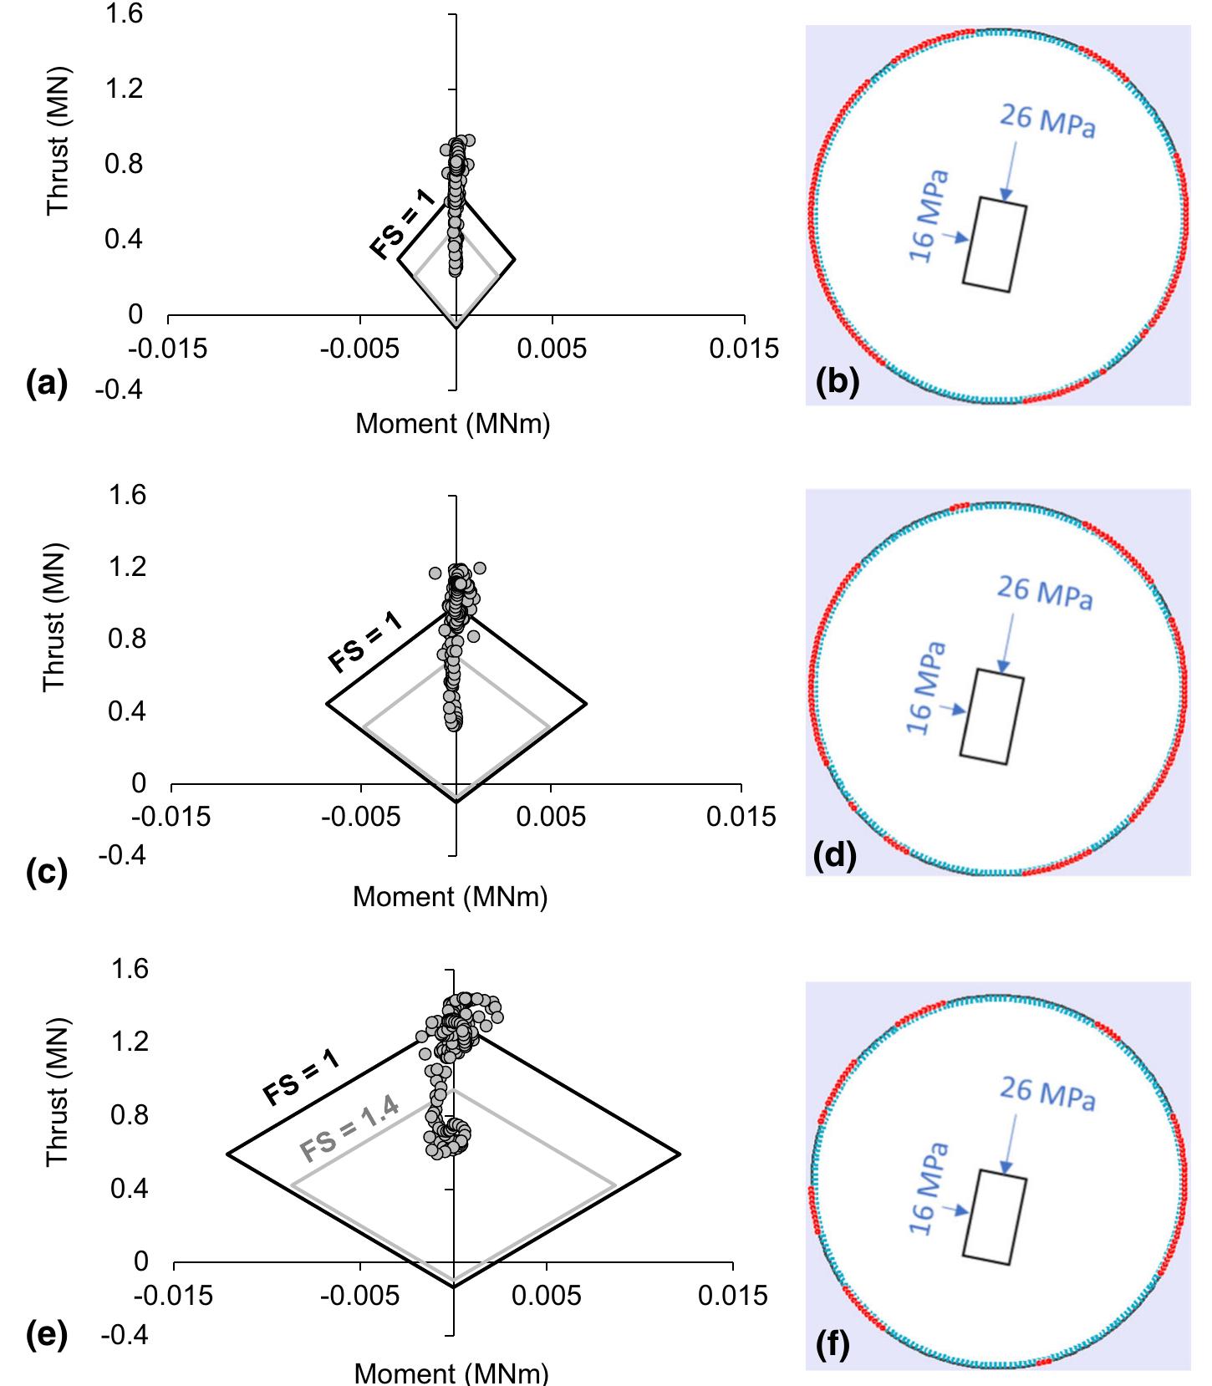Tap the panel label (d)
click(835, 857)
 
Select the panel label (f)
click(833, 1345)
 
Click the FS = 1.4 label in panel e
click(350, 1128)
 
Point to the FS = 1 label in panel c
click(365, 642)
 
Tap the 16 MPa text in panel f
click(929, 1188)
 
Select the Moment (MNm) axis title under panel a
click(452, 424)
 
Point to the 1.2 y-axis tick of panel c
click(127, 567)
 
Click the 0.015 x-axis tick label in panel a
click(743, 348)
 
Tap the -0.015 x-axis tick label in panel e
click(173, 1295)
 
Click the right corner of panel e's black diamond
click(680, 1154)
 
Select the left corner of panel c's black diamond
click(326, 704)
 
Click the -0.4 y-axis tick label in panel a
click(118, 390)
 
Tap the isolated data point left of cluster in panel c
click(435, 573)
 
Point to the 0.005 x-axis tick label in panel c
click(551, 817)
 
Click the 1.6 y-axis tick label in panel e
click(129, 969)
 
